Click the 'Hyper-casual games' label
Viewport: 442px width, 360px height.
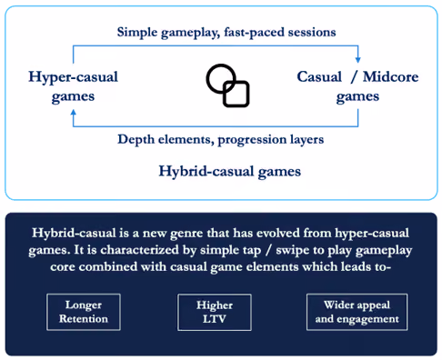73,86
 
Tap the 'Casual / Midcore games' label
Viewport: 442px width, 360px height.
357,86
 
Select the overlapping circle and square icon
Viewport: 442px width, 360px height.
227,85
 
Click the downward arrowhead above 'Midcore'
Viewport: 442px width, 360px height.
358,59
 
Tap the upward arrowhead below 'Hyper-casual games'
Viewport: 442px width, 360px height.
74,114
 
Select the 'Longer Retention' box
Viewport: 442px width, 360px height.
84,312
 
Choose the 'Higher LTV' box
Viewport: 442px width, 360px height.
215,312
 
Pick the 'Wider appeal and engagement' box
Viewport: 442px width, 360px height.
357,312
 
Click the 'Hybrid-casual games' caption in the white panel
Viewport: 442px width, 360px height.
230,172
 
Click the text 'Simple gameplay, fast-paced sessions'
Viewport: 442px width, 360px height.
226,33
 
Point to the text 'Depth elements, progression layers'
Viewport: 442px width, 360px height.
221,140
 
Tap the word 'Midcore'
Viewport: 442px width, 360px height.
391,76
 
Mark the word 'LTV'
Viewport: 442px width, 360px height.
215,319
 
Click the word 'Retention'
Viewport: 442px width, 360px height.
84,319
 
